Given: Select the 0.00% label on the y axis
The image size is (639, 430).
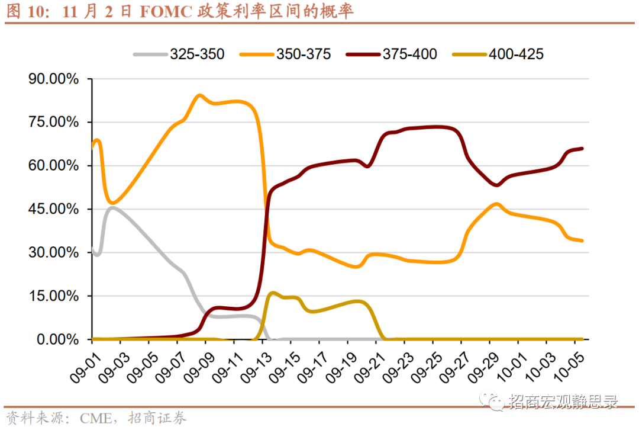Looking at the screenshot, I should pyautogui.click(x=57, y=339).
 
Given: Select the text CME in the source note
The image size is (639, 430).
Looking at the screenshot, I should pyautogui.click(x=95, y=418).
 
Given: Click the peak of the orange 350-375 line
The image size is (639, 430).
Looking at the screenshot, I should pyautogui.click(x=199, y=95).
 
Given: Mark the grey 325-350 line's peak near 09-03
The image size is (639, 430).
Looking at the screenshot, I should pyautogui.click(x=112, y=207).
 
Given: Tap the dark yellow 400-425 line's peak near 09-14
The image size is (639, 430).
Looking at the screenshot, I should pyautogui.click(x=272, y=293).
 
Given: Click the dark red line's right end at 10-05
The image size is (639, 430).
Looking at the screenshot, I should pyautogui.click(x=582, y=149).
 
